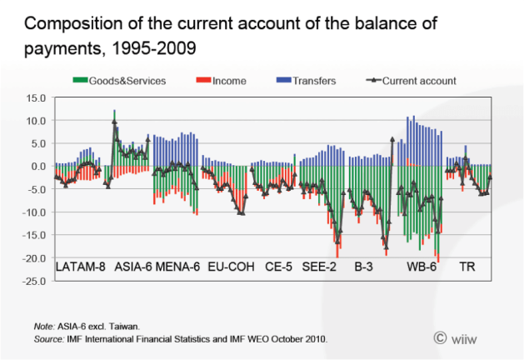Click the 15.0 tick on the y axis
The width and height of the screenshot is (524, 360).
pyautogui.click(x=37, y=97)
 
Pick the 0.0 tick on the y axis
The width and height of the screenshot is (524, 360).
pyautogui.click(x=40, y=166)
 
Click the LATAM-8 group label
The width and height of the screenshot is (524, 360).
pyautogui.click(x=80, y=268)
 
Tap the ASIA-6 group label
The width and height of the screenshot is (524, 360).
pyautogui.click(x=132, y=268)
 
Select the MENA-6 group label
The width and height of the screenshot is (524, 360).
pyautogui.click(x=179, y=268)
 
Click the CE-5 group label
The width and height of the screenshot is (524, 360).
pyautogui.click(x=279, y=268)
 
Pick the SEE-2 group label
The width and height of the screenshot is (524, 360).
pyautogui.click(x=321, y=268)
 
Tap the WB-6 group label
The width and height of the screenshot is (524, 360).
pyautogui.click(x=422, y=268)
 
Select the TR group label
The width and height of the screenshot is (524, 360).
pyautogui.click(x=468, y=268)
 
